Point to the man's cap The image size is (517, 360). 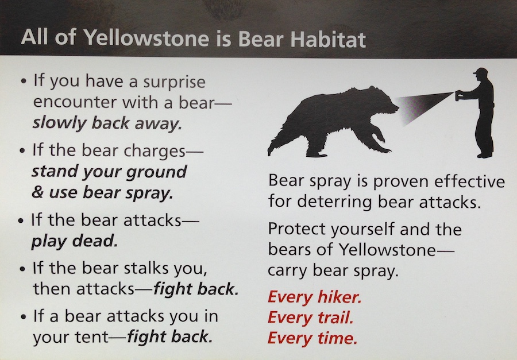pyautogui.click(x=481, y=72)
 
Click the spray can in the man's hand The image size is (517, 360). pyautogui.click(x=458, y=96)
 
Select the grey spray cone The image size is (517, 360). pyautogui.click(x=422, y=106)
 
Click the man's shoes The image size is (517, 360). pyautogui.click(x=485, y=154)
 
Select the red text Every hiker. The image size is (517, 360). pyautogui.click(x=315, y=297)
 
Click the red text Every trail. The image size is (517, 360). pyautogui.click(x=311, y=318)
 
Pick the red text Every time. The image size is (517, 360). pyautogui.click(x=312, y=338)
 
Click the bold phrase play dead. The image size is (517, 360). pyautogui.click(x=75, y=242)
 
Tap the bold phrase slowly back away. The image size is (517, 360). pyautogui.click(x=107, y=123)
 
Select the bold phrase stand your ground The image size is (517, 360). pyautogui.click(x=110, y=172)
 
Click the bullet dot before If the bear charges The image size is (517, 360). pyautogui.click(x=22, y=151)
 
